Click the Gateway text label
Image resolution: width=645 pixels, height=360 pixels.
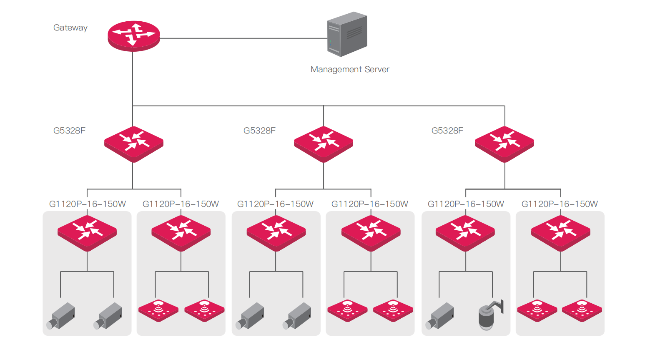coord(70,28)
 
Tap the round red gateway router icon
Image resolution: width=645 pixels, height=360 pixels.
coord(134,36)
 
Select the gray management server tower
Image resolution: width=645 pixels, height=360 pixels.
coord(347,34)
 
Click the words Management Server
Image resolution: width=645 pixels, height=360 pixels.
coord(350,69)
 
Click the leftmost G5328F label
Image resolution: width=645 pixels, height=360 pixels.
coord(69,131)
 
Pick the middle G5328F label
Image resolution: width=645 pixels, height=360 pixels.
coord(259,131)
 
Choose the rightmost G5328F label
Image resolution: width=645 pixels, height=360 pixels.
coord(447,131)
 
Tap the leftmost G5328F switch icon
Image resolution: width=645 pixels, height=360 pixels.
coord(134,144)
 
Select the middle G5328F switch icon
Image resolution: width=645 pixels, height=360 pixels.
coord(324,144)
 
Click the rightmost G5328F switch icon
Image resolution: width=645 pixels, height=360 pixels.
coord(504,144)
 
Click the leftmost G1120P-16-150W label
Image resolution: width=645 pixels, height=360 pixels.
coord(88,204)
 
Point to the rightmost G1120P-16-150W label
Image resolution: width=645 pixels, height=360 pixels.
coord(560,204)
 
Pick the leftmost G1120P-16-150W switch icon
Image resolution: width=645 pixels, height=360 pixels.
coord(87,233)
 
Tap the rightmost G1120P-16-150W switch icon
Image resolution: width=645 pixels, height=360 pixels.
coord(560,233)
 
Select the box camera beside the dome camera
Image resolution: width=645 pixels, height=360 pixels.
coord(439,316)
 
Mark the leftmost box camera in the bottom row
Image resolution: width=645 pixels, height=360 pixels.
coord(61,316)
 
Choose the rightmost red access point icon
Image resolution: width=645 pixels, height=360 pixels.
coord(582,310)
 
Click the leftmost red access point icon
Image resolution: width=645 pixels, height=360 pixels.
coord(158,310)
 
